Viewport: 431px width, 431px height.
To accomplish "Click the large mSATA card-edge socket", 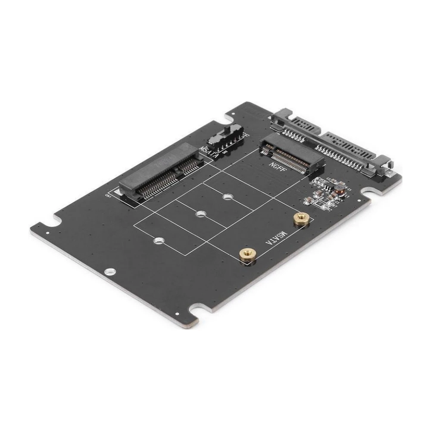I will pos(161,172).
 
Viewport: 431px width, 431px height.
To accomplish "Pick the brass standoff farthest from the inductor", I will pos(247,254).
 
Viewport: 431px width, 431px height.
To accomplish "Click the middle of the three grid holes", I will pos(200,214).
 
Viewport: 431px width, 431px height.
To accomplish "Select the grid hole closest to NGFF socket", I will pos(228,197).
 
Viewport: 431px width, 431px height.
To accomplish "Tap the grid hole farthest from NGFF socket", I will pos(159,240).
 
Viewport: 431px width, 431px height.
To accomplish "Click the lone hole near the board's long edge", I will pos(110,272).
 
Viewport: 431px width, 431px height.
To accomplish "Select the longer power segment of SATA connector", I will pos(345,149).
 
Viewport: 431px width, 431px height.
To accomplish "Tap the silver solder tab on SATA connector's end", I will pos(390,173).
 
